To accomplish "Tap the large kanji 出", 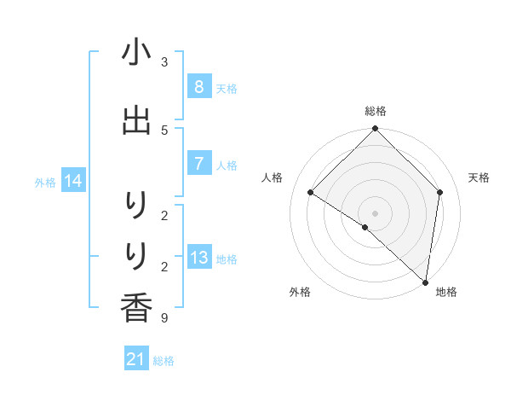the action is click(x=136, y=120).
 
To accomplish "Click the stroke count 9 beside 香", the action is click(x=164, y=318).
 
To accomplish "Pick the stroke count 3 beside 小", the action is click(x=164, y=62).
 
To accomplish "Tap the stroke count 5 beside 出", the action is click(x=164, y=130).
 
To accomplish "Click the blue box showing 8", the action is click(x=198, y=87).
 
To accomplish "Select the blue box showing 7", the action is click(x=198, y=164).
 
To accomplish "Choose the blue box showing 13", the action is click(x=198, y=258).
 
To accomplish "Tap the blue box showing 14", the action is click(x=74, y=181).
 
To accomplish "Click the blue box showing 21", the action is click(x=135, y=360).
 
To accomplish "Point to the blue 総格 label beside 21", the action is click(x=164, y=361).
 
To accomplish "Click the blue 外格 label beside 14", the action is click(x=45, y=182).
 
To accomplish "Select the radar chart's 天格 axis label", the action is click(x=479, y=177).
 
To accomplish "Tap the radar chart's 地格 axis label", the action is click(x=446, y=292).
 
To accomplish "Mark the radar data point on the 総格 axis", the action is click(x=375, y=129).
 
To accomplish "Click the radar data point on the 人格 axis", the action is click(x=311, y=192).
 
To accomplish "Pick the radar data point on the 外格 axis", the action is click(x=365, y=227).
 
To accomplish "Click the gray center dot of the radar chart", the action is click(x=375, y=213).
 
